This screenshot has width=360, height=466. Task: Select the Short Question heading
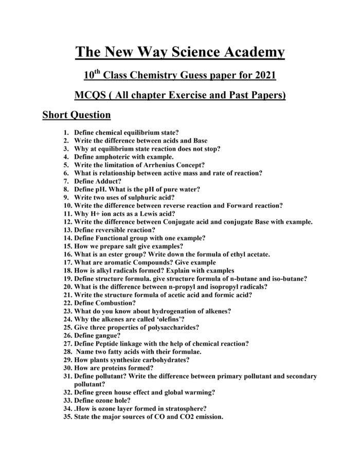point(76,115)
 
